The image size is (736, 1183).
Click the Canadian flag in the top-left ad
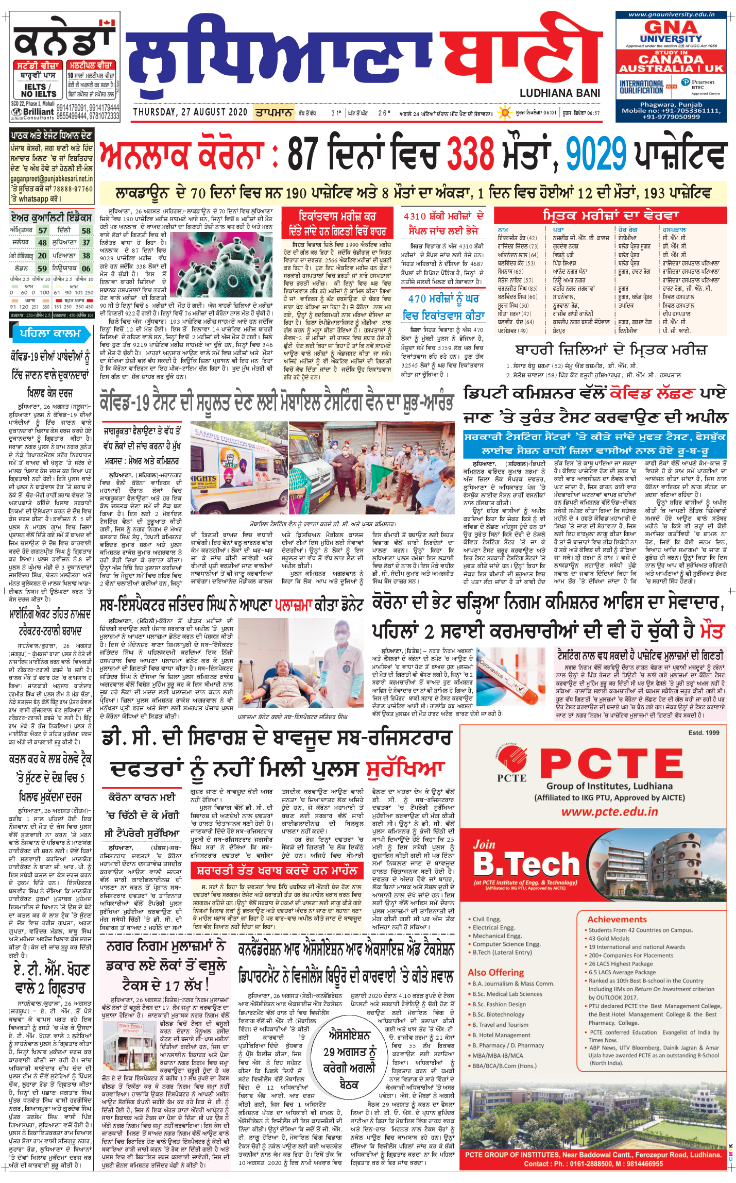(107, 23)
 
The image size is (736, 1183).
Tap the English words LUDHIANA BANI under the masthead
(559, 93)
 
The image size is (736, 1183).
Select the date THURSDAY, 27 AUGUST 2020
(190, 112)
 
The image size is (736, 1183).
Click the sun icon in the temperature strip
(505, 112)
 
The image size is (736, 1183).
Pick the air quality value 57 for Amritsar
(43, 230)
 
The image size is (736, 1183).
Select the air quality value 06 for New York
(86, 268)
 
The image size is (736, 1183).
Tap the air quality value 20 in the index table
(42, 255)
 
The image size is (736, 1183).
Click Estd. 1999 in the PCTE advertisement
(704, 732)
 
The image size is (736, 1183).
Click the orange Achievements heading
(617, 919)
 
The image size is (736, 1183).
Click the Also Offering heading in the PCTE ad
(495, 972)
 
